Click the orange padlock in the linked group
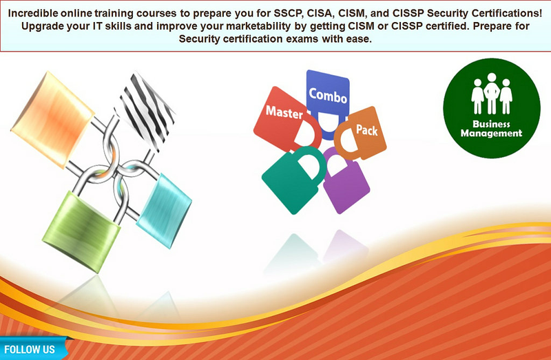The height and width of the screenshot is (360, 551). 53,119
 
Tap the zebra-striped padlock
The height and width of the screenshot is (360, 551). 146,112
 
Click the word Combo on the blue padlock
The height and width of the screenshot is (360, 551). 328,96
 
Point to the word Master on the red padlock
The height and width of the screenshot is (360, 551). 284,112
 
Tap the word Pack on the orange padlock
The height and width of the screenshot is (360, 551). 367,130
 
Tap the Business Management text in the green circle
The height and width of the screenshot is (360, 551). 491,129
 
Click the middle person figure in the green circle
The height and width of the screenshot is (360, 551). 492,93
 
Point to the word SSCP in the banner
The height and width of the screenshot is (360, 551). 288,13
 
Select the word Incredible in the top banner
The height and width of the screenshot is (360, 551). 33,13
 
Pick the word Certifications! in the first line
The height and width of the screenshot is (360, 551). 507,13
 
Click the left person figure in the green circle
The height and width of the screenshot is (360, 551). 477,96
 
